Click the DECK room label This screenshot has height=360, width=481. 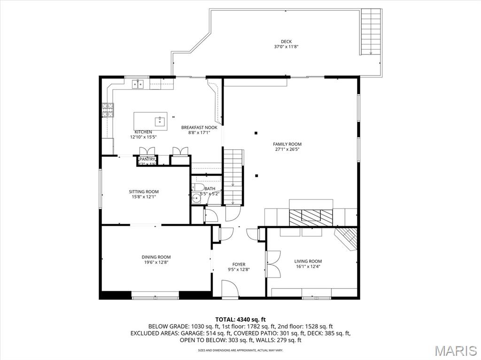tap(286, 42)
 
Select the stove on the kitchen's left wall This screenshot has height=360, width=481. tap(108, 110)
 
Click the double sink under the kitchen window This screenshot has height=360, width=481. tap(138, 84)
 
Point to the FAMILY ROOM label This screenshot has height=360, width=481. tap(287, 144)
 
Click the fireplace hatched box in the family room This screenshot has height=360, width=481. tap(310, 215)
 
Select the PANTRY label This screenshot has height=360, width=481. tap(147, 160)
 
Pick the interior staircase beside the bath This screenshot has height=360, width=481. tap(233, 176)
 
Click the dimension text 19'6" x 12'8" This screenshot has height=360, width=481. tap(156, 262)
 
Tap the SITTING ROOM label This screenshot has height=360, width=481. tap(144, 191)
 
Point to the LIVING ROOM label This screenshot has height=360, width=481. tap(308, 261)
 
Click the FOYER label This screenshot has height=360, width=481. tap(239, 264)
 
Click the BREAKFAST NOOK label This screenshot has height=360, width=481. tap(199, 127)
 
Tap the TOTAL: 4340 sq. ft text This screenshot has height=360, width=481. tap(240, 319)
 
